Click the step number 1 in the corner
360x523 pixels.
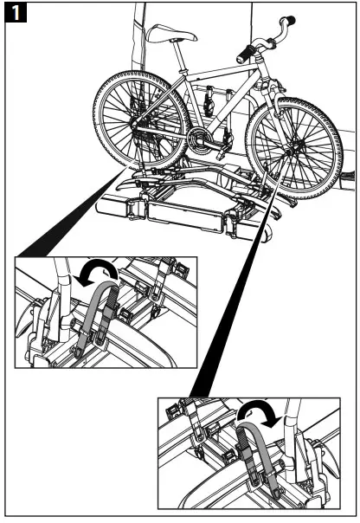[x=15, y=15]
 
